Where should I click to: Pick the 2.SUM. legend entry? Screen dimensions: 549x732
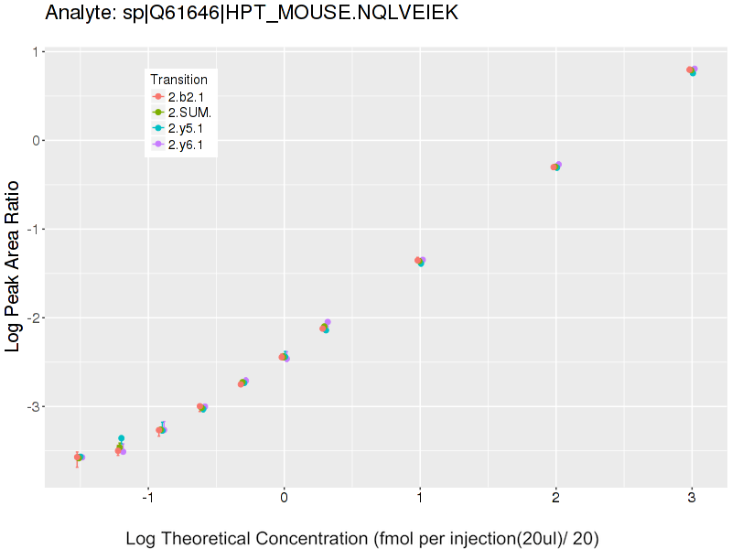click(188, 113)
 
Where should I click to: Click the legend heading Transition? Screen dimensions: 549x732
click(178, 80)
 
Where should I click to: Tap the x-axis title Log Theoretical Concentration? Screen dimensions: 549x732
click(361, 538)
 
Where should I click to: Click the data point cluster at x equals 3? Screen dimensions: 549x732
click(692, 70)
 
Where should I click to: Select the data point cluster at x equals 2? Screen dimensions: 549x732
click(555, 167)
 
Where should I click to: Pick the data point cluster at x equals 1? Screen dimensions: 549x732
click(420, 262)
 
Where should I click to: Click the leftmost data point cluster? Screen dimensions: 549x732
click(79, 457)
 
